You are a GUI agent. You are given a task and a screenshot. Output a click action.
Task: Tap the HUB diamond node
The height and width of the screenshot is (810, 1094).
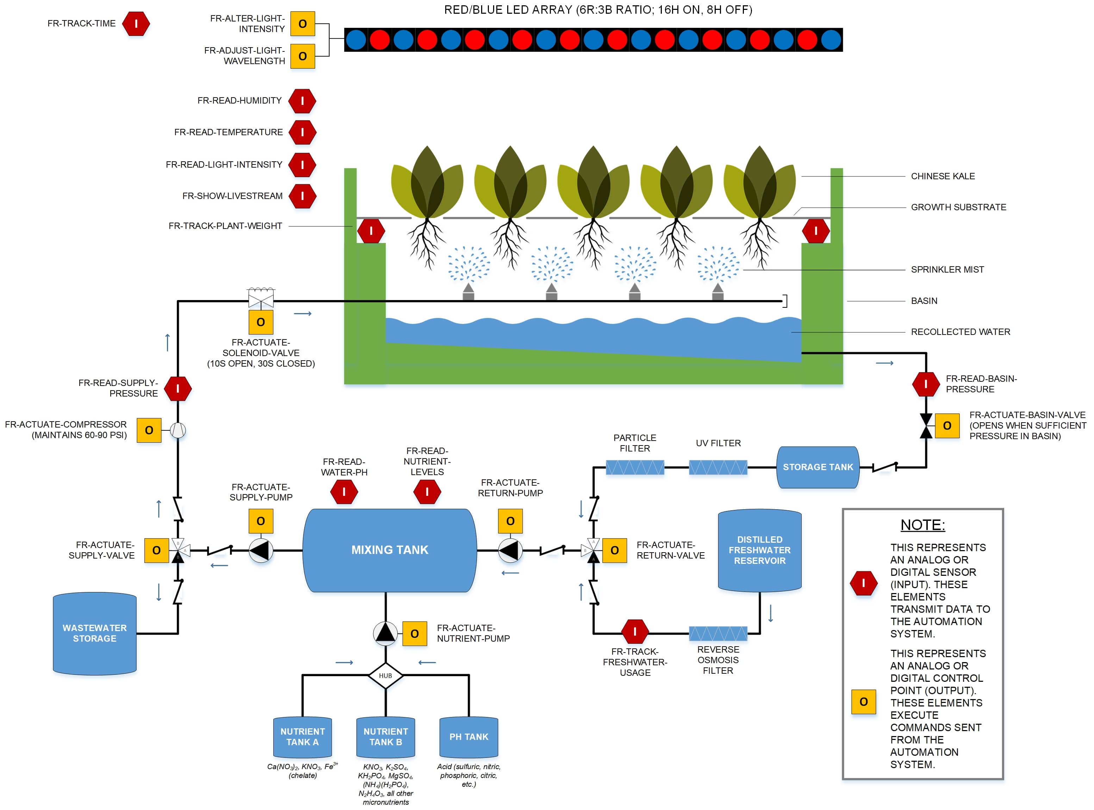[x=385, y=676]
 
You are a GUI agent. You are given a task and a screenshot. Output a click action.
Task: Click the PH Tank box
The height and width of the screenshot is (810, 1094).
[x=469, y=737]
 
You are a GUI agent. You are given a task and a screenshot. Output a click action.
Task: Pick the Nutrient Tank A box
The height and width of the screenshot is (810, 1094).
[x=303, y=737]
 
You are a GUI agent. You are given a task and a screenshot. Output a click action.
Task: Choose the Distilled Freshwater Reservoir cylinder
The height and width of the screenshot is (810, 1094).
[x=760, y=550]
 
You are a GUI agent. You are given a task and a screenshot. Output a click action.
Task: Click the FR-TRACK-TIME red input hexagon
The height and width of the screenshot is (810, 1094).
[x=136, y=24]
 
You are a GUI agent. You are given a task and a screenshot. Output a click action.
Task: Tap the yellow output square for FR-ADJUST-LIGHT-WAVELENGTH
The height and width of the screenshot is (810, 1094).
[x=303, y=56]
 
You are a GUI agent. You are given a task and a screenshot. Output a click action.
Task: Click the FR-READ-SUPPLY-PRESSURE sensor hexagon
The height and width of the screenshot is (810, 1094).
[x=178, y=389]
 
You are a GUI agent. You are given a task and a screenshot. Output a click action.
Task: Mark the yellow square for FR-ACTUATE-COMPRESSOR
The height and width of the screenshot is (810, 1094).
[x=149, y=430]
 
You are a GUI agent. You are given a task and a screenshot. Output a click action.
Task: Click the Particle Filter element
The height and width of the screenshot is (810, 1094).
[x=635, y=467]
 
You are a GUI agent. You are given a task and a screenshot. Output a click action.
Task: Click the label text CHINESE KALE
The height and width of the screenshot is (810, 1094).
[x=943, y=176]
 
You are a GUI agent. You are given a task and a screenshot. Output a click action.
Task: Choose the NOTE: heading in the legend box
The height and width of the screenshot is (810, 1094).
[x=922, y=525]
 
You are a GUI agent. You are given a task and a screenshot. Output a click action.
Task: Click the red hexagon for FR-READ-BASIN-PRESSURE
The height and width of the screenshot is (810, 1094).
[x=925, y=384]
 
